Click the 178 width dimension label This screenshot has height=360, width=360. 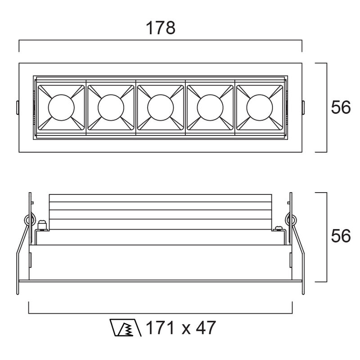[161, 28]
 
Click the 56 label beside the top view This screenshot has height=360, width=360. [341, 107]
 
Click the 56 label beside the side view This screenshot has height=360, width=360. [341, 236]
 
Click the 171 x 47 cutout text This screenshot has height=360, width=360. [181, 328]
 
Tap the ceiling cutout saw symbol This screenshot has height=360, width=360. [125, 328]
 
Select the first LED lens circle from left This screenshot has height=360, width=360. [61, 108]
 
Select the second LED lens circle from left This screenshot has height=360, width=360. [111, 108]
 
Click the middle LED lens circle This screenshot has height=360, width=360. [161, 108]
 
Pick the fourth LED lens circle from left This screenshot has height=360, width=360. [210, 108]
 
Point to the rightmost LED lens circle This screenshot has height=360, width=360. [260, 108]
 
